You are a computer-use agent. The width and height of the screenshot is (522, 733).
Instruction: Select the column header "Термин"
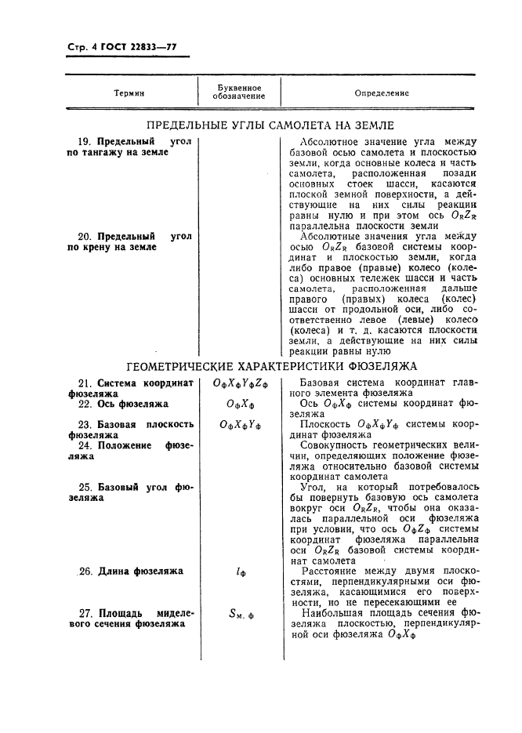[129, 93]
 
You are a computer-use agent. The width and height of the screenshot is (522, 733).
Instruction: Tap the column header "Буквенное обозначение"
[237, 93]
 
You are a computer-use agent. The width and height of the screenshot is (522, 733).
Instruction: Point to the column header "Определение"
[382, 93]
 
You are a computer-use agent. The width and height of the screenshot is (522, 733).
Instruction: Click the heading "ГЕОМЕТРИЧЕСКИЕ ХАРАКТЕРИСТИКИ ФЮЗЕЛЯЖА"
[271, 366]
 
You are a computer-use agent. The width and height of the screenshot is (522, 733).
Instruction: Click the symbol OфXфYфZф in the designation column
[240, 383]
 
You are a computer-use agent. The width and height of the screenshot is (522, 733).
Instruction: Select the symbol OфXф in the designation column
[239, 405]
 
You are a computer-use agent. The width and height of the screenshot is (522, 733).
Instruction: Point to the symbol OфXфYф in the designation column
[240, 425]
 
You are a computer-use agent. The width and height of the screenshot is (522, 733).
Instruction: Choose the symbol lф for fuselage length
[240, 572]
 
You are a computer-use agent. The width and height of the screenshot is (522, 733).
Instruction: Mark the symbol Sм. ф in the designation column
[238, 614]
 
